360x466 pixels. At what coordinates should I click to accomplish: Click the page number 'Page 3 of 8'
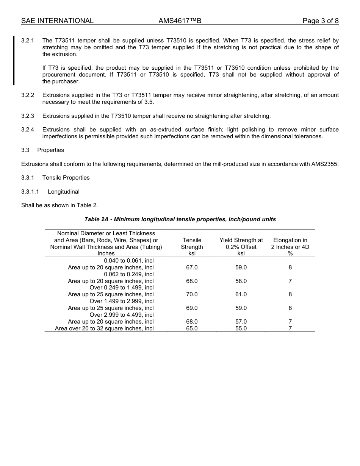[x=320, y=21]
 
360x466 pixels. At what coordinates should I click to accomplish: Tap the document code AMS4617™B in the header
[x=180, y=21]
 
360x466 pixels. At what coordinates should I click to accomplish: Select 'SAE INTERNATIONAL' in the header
[x=57, y=21]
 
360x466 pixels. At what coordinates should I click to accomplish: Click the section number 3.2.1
[x=28, y=41]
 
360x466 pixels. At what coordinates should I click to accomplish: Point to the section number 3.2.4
[x=28, y=130]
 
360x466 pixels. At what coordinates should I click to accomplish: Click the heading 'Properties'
[x=50, y=150]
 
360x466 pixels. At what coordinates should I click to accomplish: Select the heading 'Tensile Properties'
[x=66, y=178]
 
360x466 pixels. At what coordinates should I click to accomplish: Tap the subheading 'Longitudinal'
[x=63, y=192]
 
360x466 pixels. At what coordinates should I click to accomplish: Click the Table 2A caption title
[x=180, y=219]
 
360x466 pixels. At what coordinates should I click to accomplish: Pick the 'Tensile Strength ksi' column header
[x=192, y=247]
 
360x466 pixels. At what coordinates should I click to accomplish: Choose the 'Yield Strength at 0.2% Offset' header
[x=241, y=244]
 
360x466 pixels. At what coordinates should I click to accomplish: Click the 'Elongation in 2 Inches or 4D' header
[x=290, y=244]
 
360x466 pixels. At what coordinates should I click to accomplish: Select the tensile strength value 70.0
[x=192, y=294]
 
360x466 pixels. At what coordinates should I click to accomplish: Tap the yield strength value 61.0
[x=241, y=294]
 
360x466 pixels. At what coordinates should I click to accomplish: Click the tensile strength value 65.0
[x=192, y=328]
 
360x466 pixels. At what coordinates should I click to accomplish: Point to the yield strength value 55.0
[x=241, y=328]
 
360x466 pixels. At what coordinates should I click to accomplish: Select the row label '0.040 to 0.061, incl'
[x=129, y=261]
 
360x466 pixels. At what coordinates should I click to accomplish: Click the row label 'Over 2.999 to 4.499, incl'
[x=122, y=315]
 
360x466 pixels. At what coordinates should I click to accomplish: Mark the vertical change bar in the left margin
[x=14, y=61]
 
